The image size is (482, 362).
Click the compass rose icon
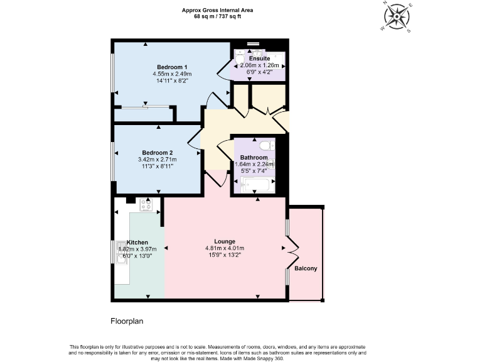[x=397, y=16]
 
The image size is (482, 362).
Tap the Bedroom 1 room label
[x=172, y=67]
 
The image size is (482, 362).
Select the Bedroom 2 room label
[x=158, y=153]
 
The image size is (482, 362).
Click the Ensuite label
[x=259, y=58]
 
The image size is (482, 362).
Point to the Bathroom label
[x=254, y=158]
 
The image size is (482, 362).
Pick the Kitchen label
[x=137, y=242]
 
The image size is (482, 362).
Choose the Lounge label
[x=225, y=241]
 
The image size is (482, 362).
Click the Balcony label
[x=307, y=269]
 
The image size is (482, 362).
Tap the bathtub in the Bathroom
[x=255, y=185]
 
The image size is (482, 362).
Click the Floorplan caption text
[x=127, y=321]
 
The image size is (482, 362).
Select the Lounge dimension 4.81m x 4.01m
[x=225, y=248]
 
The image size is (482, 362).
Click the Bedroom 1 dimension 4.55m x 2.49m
[x=172, y=74]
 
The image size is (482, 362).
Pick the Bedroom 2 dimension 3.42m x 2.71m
[x=158, y=160]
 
